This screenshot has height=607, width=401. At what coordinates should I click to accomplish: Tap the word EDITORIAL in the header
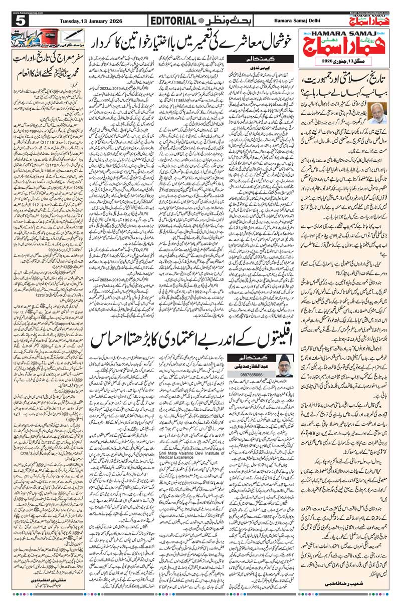[172, 21]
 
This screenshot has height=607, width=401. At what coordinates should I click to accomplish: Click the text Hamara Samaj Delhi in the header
[297, 21]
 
